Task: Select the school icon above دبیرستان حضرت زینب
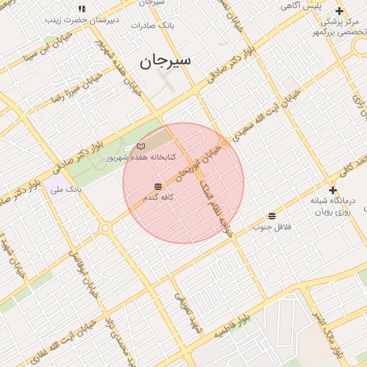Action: click(82, 9)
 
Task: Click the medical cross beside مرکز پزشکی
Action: click(339, 11)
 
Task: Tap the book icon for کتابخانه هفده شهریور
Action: click(140, 146)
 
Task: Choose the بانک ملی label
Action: click(65, 190)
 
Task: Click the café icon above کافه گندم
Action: click(158, 186)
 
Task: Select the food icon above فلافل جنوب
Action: click(271, 216)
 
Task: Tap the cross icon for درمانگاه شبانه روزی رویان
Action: click(333, 190)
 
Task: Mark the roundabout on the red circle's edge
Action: click(224, 143)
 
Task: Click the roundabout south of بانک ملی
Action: click(106, 228)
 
